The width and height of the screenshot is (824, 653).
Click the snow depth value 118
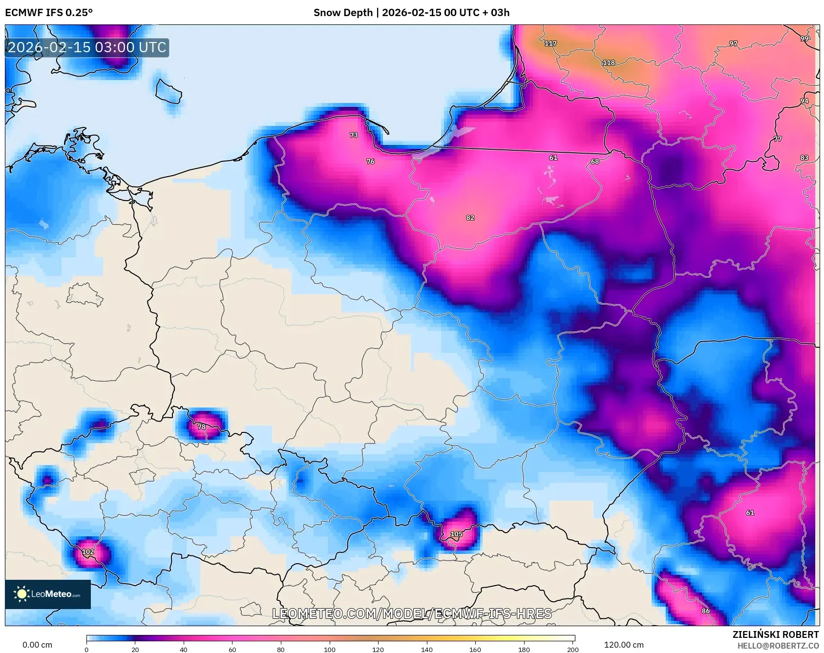coord(609,63)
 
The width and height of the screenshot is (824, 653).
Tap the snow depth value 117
coord(550,43)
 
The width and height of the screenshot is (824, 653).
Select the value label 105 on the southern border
coord(456,534)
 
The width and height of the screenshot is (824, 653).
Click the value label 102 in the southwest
coord(88,552)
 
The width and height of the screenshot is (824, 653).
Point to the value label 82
coord(470,218)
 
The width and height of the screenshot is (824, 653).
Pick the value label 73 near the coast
coord(354,135)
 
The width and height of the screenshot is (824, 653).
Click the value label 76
coord(370,162)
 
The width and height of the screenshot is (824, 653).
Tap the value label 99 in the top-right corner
coord(804,39)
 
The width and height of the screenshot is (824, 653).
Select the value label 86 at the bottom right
coord(705,611)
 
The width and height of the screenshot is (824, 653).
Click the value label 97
coord(733,43)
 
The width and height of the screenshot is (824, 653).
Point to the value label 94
coord(804,101)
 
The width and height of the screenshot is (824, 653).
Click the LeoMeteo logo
coord(48,594)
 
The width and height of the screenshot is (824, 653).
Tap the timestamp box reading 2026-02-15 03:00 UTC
coord(87,47)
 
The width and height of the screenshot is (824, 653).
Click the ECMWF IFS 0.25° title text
coord(49,13)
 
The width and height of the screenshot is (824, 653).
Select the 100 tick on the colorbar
coord(330,649)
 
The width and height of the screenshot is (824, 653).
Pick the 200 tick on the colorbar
coord(572,649)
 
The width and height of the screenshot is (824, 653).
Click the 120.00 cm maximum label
coord(623,645)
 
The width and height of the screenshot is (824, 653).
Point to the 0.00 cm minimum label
coord(37,645)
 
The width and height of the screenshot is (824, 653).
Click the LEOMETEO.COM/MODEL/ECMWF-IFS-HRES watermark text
coord(411,613)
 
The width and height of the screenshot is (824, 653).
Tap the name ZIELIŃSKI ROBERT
coord(775,634)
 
